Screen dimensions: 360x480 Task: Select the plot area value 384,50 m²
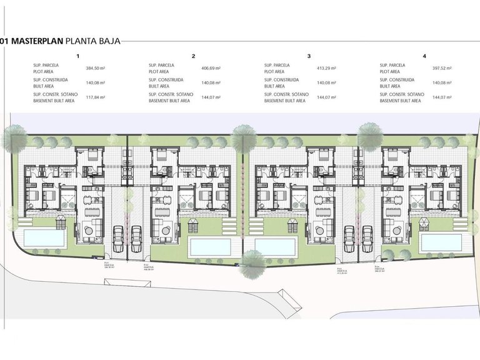pos(96,68)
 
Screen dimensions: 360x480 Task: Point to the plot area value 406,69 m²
pos(211,68)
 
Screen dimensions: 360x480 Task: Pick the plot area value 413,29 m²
pos(327,68)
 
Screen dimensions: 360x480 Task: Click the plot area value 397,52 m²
pos(442,68)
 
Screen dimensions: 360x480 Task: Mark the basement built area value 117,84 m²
pos(96,97)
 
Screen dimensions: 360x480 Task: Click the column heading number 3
pos(309,56)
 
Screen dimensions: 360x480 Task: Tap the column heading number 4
pos(424,56)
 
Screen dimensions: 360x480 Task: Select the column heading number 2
pos(194,56)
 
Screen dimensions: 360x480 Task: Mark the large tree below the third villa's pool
pos(253,262)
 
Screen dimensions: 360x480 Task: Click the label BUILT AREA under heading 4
pos(392,86)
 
